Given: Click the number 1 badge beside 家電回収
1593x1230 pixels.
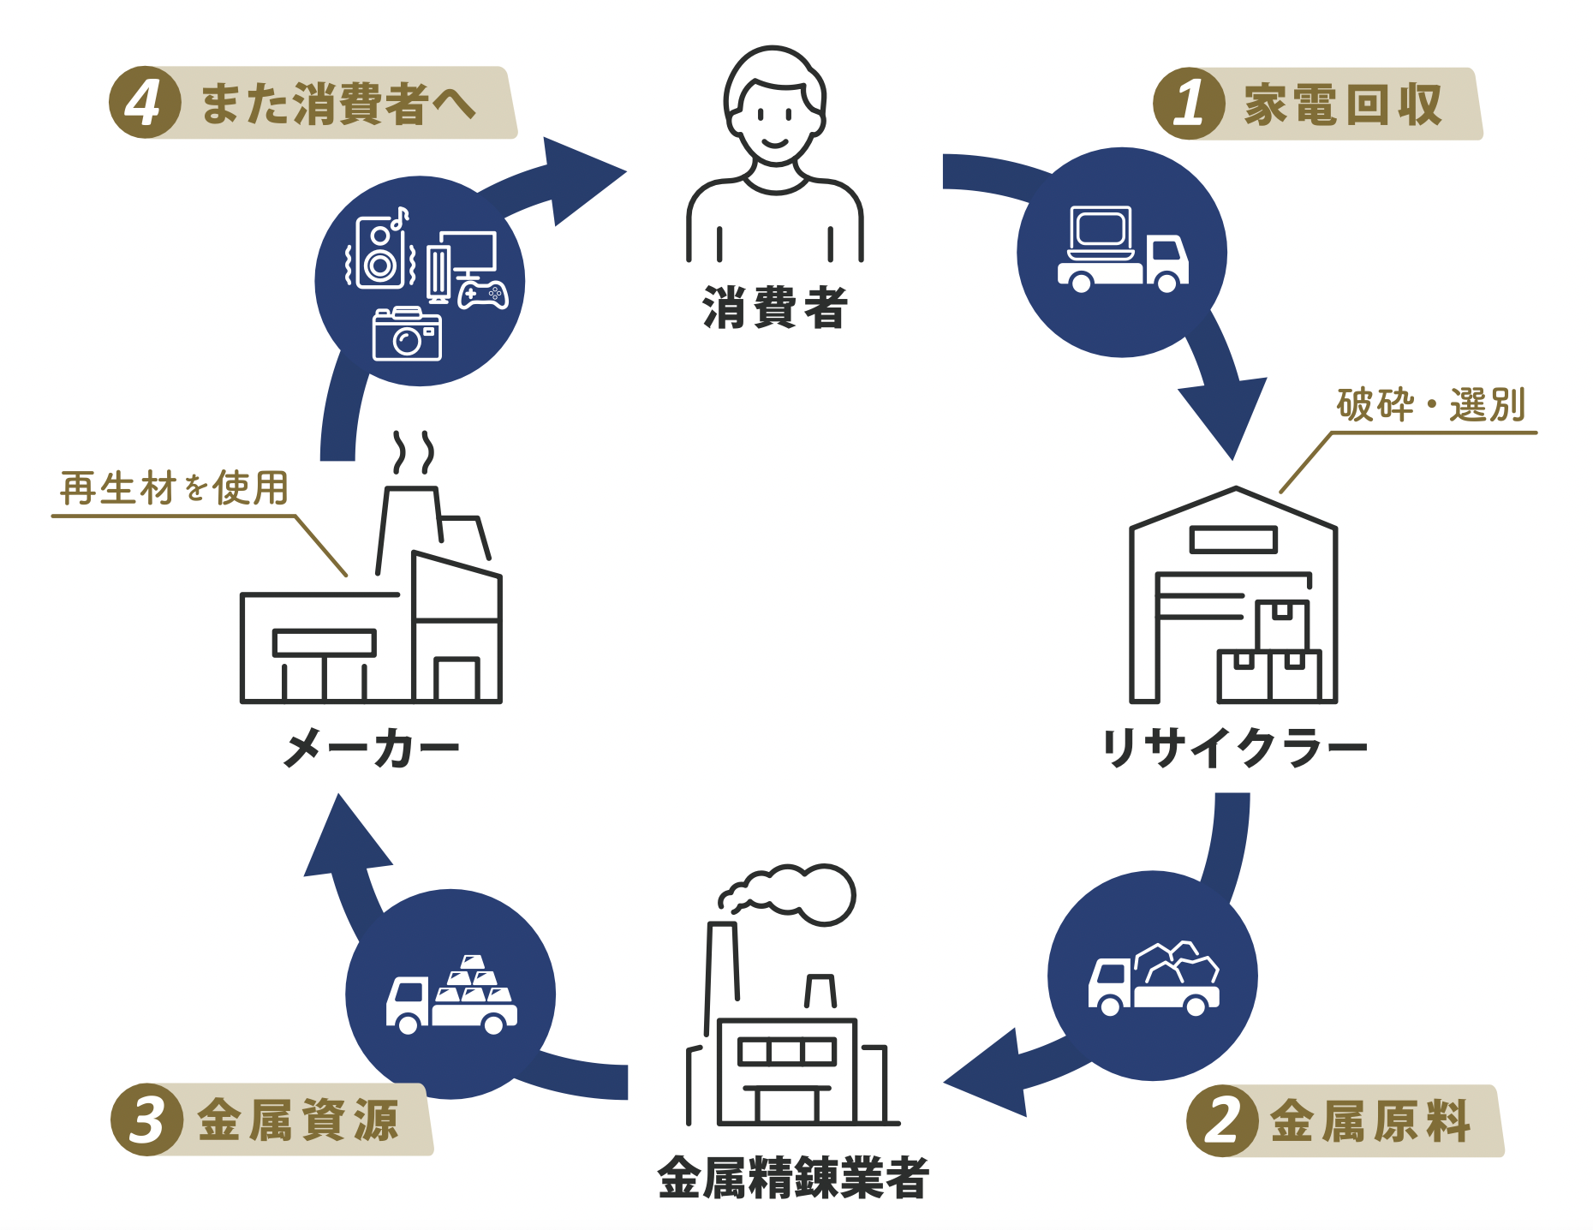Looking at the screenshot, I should click(x=1189, y=104).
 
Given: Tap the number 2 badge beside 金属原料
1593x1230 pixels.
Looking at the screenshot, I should click(x=1222, y=1120).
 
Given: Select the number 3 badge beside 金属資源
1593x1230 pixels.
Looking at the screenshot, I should click(x=146, y=1120).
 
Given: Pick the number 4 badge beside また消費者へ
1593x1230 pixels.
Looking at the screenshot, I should click(x=144, y=103).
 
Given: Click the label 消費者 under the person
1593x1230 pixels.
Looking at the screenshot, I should click(x=774, y=308).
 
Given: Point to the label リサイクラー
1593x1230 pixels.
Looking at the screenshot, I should click(x=1234, y=748).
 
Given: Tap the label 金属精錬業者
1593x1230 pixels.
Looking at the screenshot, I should click(x=793, y=1178).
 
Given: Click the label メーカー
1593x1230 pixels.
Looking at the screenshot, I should click(x=371, y=748).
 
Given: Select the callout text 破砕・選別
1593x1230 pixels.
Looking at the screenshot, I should click(x=1431, y=405).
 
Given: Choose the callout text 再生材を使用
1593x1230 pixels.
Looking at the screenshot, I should click(x=175, y=489).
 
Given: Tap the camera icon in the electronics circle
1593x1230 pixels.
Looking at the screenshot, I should click(x=407, y=335).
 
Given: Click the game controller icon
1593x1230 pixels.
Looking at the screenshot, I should click(x=483, y=294).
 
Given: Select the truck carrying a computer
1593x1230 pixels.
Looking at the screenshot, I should click(x=1122, y=250).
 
